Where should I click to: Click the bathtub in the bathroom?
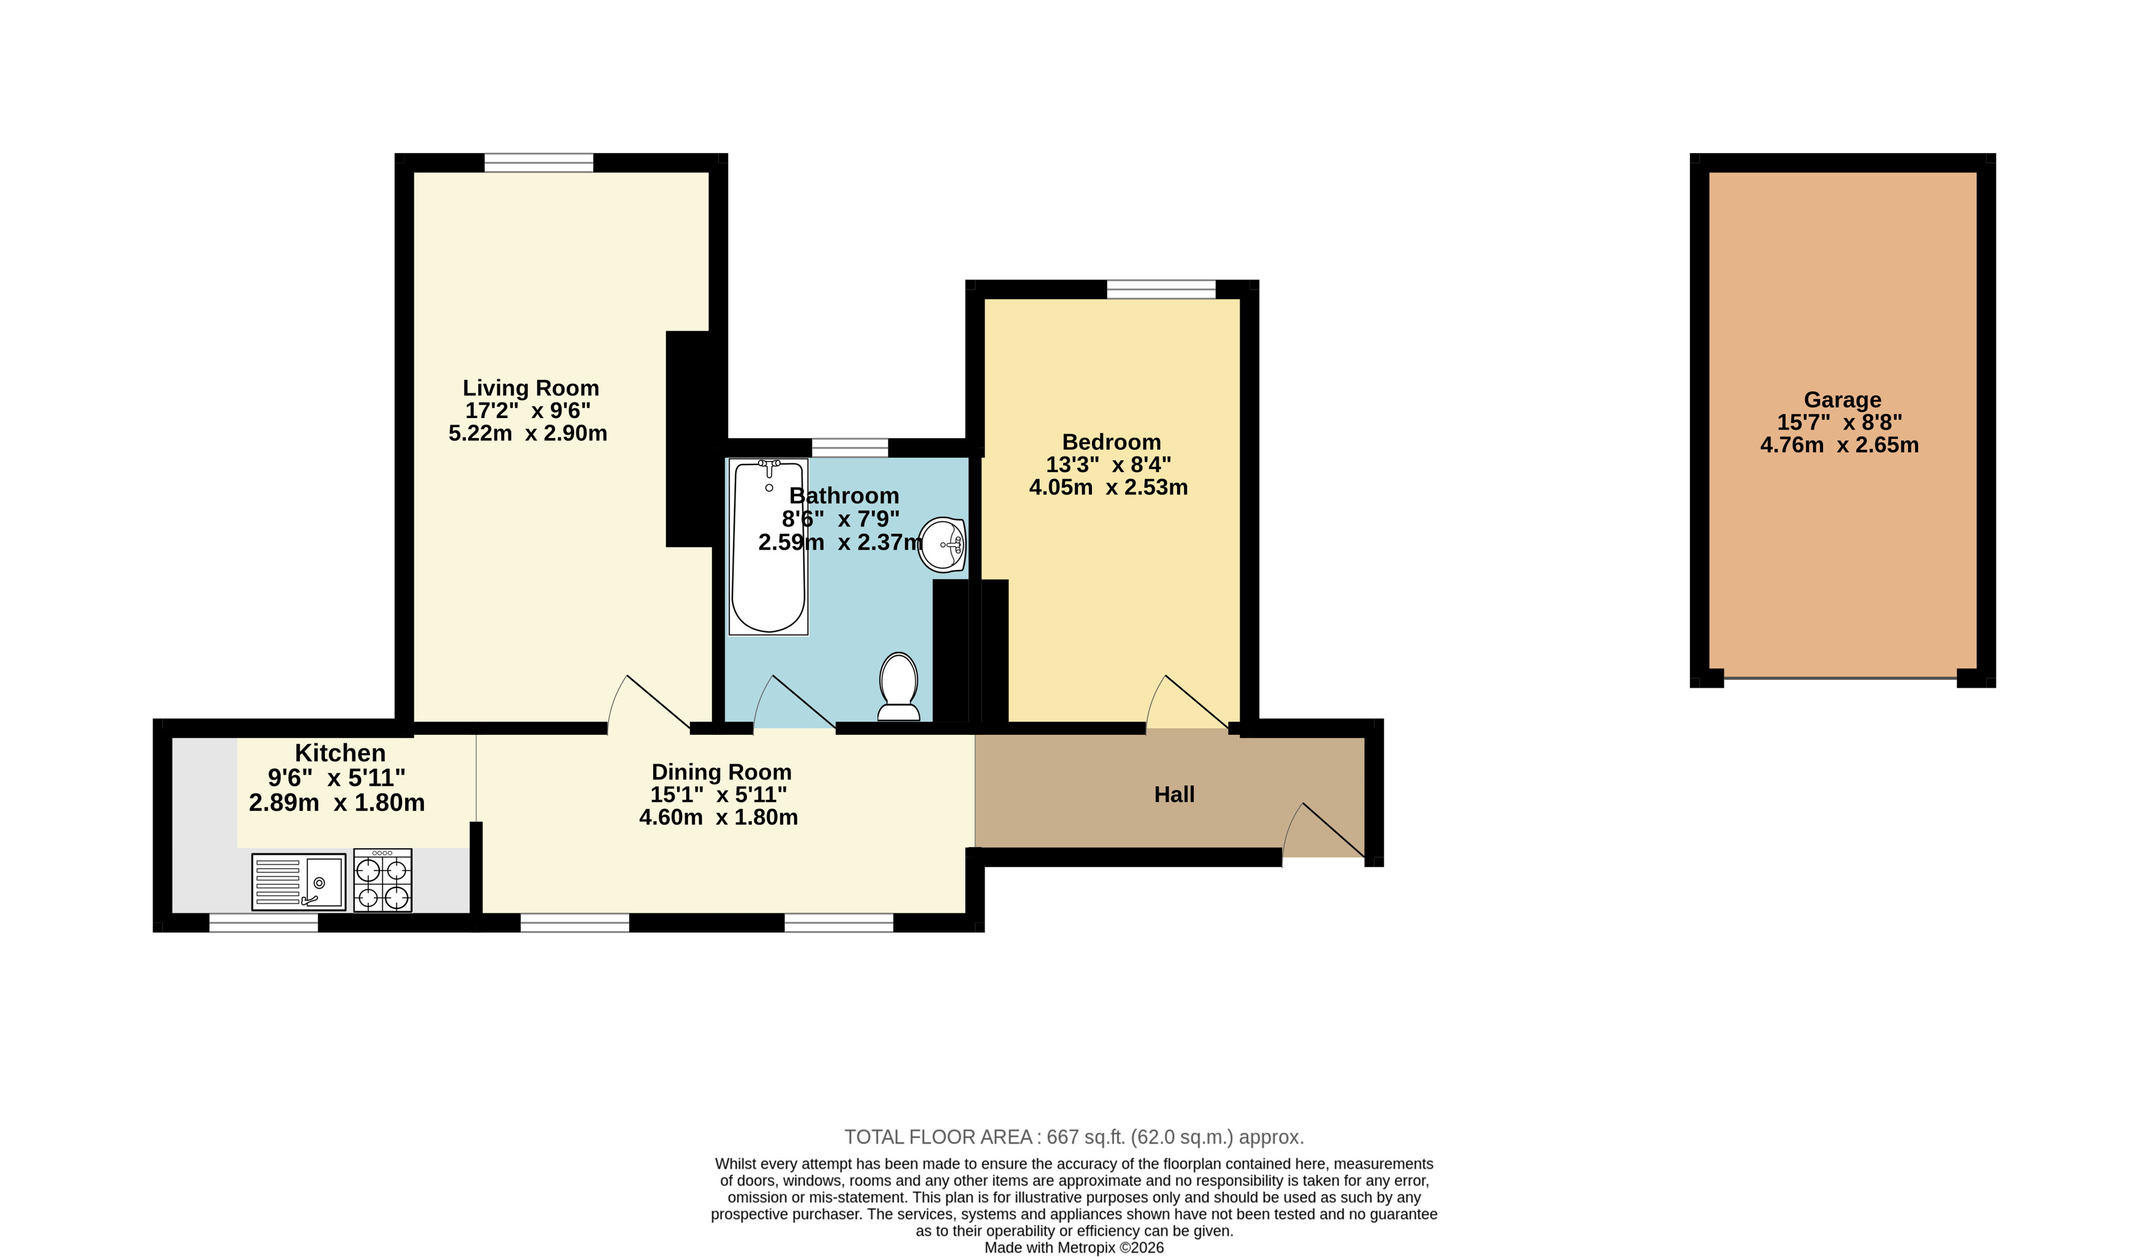[768, 547]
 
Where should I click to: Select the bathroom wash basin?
[942, 544]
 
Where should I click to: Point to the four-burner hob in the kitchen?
[383, 880]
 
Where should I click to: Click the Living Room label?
[531, 388]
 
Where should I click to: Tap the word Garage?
[1842, 400]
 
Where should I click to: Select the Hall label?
[1174, 795]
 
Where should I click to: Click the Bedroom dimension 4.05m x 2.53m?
[1108, 487]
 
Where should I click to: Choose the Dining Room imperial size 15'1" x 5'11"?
[718, 795]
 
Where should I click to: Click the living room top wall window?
[539, 163]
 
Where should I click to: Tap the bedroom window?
[1161, 289]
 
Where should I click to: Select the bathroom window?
[850, 448]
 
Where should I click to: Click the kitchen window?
[263, 923]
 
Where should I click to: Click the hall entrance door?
[1324, 830]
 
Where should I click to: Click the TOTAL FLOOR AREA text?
[1074, 1137]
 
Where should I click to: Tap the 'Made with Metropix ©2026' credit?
[1074, 1248]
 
